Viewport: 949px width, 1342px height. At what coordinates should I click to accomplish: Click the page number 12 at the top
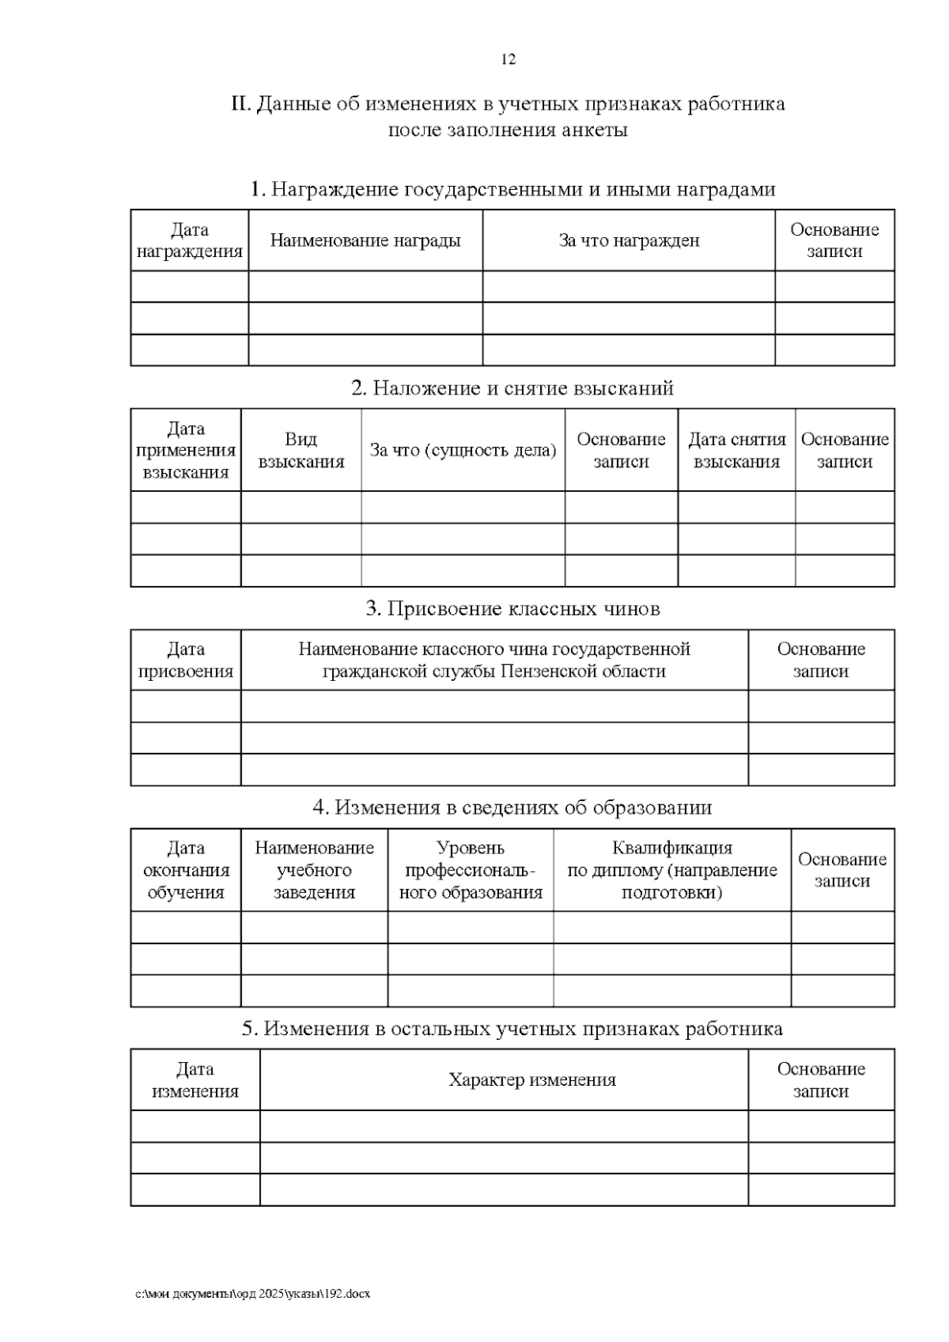point(509,60)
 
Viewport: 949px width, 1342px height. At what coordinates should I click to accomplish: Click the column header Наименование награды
point(365,240)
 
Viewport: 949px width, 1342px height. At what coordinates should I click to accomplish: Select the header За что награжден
point(629,240)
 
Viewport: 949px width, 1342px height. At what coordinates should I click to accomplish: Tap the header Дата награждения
point(189,240)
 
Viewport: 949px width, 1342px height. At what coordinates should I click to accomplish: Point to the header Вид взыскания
point(301,450)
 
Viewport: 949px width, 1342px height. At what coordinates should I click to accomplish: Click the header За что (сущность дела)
point(463,450)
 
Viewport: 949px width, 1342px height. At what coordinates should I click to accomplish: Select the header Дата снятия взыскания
point(736,450)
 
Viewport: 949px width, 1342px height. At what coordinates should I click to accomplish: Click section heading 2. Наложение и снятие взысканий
point(512,388)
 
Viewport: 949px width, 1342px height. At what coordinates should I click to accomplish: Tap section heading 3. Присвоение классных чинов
point(512,609)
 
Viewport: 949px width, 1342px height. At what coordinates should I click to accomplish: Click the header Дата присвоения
point(185,660)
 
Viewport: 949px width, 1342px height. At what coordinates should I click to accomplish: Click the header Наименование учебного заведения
point(314,870)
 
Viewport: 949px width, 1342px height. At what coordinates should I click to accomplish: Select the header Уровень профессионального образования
point(470,870)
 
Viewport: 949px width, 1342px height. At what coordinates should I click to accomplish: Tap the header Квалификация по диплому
point(671,870)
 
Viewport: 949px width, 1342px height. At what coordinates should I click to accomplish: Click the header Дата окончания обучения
point(185,870)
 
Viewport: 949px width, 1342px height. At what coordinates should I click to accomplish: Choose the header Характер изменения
point(531,1080)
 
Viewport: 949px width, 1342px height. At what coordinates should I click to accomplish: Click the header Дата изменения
point(195,1080)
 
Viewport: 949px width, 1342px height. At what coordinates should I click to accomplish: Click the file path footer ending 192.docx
point(252,1294)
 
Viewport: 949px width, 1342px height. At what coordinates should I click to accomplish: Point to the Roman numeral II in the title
point(240,104)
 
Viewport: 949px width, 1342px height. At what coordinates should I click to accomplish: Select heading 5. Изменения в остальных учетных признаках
point(512,1029)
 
